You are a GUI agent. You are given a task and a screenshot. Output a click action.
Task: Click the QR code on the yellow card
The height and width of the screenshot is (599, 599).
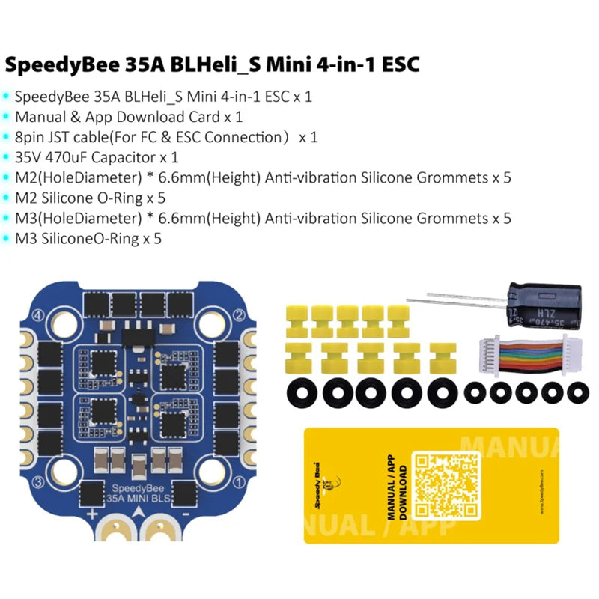pyautogui.click(x=447, y=486)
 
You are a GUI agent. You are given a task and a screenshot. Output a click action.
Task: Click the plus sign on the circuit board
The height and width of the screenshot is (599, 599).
pyautogui.click(x=94, y=514)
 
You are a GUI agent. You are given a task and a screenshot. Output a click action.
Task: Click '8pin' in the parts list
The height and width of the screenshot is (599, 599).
pyautogui.click(x=32, y=137)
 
